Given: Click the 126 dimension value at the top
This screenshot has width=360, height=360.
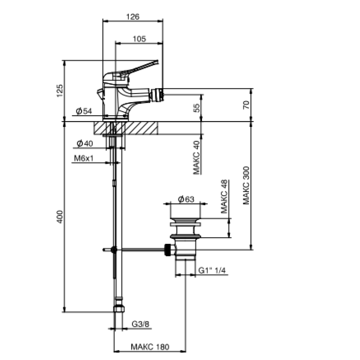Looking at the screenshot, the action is (x=133, y=17).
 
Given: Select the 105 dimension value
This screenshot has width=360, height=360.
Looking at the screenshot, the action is (x=139, y=39).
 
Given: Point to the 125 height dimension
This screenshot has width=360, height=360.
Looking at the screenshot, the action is (x=60, y=91).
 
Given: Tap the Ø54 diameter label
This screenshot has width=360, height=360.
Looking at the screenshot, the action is (x=84, y=111).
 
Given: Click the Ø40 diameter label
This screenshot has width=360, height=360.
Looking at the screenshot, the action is (x=85, y=144).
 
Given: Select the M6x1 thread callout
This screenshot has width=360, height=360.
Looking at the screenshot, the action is (x=84, y=158).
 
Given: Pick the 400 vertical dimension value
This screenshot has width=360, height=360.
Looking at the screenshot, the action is (x=60, y=216).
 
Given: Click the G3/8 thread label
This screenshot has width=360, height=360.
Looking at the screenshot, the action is (x=140, y=324).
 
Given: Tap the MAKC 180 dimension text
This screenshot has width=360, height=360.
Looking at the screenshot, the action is (x=150, y=346).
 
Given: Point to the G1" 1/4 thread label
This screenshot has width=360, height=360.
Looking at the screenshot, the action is (x=212, y=270).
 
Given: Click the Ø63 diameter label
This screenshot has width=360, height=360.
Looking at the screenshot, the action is (x=186, y=199).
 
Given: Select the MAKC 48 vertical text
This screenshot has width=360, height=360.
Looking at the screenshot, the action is (x=224, y=197).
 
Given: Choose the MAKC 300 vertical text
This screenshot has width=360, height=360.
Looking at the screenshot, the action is (x=246, y=185).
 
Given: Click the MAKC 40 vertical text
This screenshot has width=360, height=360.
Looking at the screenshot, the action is (x=197, y=157).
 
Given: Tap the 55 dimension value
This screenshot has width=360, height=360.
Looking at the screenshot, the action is (x=197, y=108).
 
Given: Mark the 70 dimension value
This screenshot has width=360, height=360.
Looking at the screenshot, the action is (x=246, y=105).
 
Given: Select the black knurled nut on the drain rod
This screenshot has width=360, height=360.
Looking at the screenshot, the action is (x=168, y=250).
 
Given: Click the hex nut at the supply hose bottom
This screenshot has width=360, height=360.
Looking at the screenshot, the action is (x=119, y=309).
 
